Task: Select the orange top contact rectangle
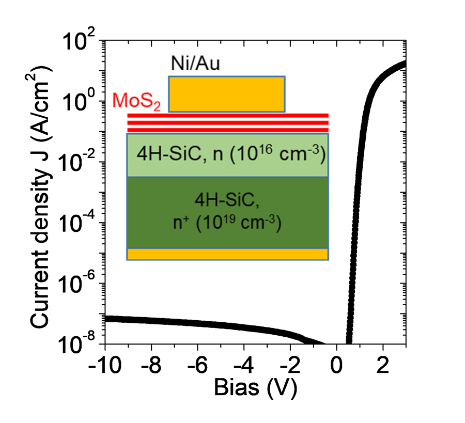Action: (226, 94)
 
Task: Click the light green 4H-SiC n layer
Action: (228, 155)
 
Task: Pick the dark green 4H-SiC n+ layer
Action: (228, 212)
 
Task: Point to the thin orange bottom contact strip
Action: (228, 254)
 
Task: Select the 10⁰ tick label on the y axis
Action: (80, 103)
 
